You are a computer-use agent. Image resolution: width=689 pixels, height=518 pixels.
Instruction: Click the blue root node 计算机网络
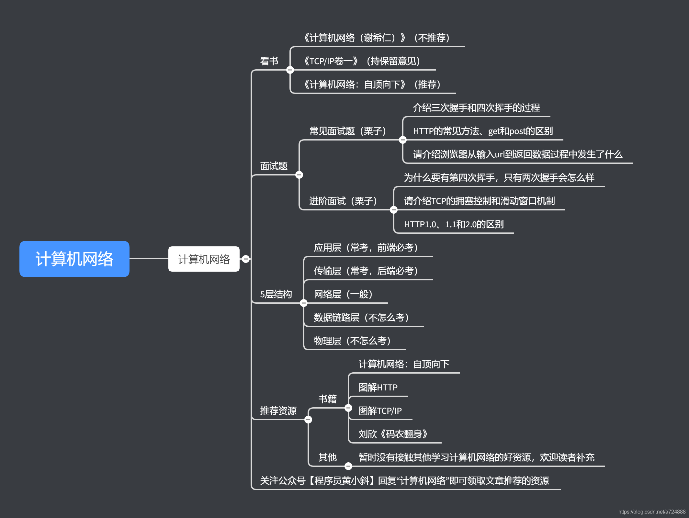(x=74, y=259)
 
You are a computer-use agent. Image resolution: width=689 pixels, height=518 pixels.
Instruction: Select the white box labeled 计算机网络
(x=204, y=259)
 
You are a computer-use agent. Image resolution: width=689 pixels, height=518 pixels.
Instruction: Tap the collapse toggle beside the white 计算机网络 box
(x=246, y=259)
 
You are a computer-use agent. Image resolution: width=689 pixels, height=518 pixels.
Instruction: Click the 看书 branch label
(x=269, y=61)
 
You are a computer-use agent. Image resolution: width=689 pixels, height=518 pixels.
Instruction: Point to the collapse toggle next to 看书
(x=290, y=70)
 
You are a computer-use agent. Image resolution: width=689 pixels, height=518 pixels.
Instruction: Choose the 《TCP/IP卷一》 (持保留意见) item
(x=362, y=61)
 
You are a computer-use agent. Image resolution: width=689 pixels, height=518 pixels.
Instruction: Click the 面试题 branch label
(x=274, y=166)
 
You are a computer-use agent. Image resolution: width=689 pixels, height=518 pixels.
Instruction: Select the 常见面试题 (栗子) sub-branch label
(x=348, y=131)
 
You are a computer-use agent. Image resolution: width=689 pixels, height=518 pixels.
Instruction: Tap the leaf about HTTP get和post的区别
(x=483, y=131)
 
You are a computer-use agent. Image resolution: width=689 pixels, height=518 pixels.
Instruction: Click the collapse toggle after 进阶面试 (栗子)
(x=394, y=210)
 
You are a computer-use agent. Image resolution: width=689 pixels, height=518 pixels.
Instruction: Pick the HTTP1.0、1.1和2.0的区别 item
(x=454, y=224)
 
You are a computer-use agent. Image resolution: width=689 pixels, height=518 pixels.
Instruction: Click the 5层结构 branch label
(x=276, y=294)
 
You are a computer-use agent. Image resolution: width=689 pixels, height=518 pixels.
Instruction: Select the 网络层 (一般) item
(x=343, y=294)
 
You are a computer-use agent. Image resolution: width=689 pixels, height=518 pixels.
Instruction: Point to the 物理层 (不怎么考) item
(x=352, y=341)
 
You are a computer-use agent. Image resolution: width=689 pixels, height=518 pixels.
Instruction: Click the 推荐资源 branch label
(x=278, y=411)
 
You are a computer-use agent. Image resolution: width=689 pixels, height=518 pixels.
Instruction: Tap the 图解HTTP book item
(x=378, y=387)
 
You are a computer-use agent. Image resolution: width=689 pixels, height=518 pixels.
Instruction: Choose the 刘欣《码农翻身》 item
(x=393, y=434)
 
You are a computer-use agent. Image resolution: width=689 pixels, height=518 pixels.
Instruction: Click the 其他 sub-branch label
(x=327, y=457)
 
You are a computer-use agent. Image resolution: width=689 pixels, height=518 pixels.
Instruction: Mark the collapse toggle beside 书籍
(x=348, y=408)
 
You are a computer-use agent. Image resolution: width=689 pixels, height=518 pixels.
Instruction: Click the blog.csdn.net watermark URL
(x=652, y=512)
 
